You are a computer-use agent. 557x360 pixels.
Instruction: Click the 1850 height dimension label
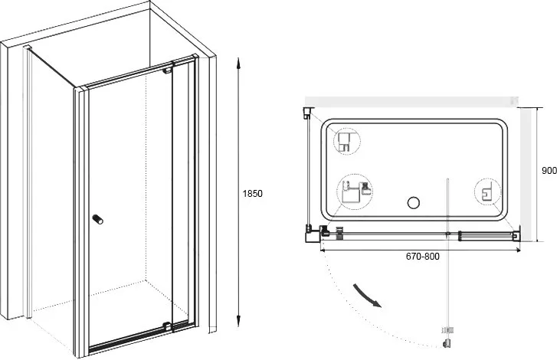pos(253,194)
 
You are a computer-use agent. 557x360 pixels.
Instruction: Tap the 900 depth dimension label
pos(549,171)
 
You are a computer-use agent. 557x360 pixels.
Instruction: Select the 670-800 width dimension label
pos(423,257)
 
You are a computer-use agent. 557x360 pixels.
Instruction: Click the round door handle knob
pos(98,219)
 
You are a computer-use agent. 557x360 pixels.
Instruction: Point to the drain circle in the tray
pos(414,203)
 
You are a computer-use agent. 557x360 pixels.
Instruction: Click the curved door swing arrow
pos(367,296)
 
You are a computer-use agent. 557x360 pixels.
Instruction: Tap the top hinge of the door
pos(167,70)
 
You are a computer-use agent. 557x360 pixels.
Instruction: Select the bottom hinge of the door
pos(167,325)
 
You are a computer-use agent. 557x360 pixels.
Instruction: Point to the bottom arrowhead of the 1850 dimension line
pos(239,321)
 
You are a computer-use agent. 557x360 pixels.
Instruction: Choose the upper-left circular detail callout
pos(347,141)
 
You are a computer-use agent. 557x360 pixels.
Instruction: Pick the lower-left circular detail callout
pos(354,192)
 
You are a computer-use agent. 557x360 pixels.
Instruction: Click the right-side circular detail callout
pos(488,192)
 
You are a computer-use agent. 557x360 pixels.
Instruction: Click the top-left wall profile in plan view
pos(308,113)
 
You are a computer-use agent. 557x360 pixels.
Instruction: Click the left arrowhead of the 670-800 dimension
pos(323,250)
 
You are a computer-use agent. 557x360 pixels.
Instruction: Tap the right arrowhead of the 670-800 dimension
pos(518,250)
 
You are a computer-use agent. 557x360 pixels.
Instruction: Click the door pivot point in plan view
pos(448,234)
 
